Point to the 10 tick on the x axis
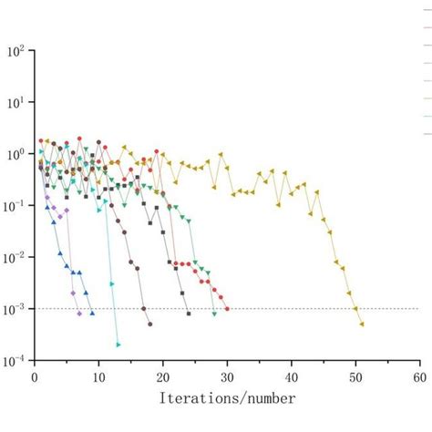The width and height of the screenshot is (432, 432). [x=98, y=375]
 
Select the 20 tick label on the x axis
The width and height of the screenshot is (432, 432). [x=163, y=375]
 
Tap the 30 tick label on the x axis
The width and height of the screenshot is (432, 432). [x=227, y=375]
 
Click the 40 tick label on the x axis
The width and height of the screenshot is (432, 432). [x=292, y=375]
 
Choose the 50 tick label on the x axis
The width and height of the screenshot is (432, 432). [x=355, y=375]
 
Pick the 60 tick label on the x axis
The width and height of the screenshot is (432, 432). [x=419, y=375]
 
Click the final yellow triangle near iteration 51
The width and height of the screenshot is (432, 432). [x=362, y=324]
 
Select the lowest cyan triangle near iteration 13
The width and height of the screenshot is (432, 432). [x=118, y=345]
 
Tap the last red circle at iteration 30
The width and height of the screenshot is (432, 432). [x=227, y=309]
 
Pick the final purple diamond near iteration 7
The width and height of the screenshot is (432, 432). [x=79, y=314]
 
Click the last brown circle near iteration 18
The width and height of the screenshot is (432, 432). [x=150, y=324]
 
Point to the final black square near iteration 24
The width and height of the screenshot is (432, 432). [x=189, y=314]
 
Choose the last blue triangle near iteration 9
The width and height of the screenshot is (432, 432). [x=92, y=314]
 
